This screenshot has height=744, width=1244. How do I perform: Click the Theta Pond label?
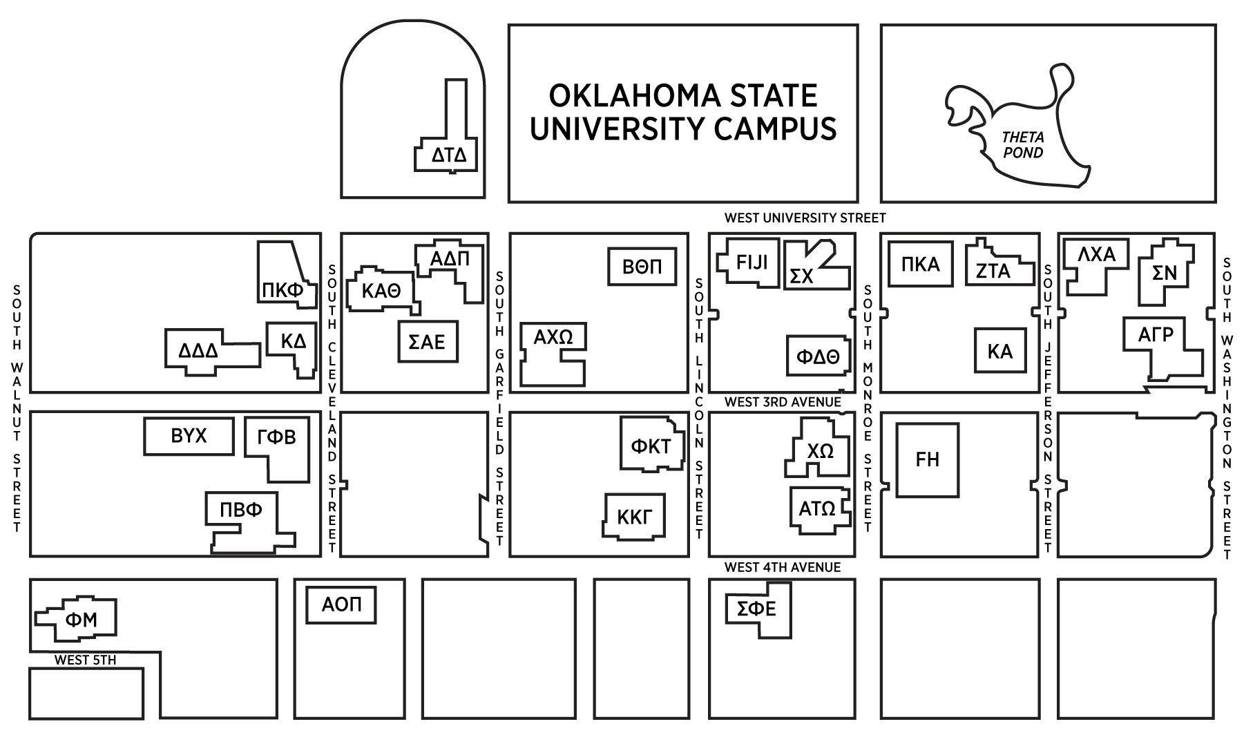coord(1023,145)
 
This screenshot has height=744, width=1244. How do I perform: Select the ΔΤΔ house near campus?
coord(449,155)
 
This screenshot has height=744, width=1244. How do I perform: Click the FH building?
coord(928,460)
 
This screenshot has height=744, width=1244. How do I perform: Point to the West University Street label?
coord(805,218)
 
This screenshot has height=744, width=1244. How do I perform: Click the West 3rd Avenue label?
coord(783,402)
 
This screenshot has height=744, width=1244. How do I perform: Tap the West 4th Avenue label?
coord(783,568)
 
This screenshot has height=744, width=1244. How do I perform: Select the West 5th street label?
coord(85,660)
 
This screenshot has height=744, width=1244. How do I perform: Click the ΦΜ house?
coord(82,620)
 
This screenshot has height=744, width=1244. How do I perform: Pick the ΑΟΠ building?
coord(341,605)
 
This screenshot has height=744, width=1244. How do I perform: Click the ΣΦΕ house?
coord(757,609)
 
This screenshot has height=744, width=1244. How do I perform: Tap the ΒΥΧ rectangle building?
coord(189,437)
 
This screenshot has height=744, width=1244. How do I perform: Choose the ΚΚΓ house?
coord(634,516)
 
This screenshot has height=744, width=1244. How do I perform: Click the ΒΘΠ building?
coord(642,267)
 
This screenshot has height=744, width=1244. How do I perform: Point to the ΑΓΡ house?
coord(1156,336)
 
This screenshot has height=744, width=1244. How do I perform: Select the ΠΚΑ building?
coord(921,264)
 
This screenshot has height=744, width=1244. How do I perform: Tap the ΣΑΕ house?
coord(428,342)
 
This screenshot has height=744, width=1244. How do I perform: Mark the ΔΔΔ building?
coord(199,351)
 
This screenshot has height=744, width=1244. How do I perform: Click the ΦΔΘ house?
coord(818,356)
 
